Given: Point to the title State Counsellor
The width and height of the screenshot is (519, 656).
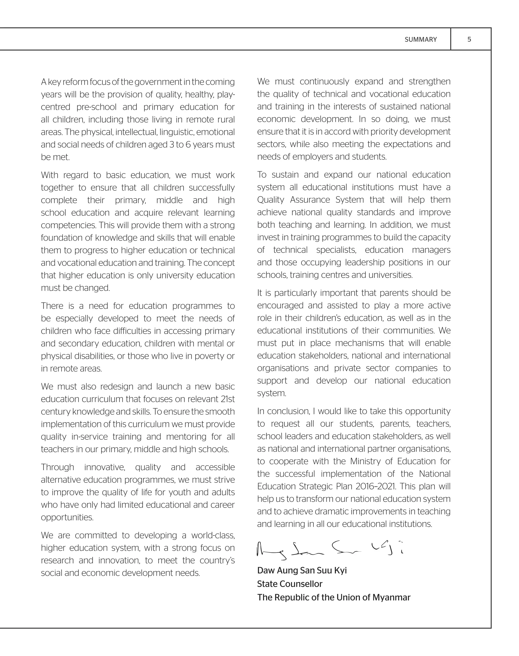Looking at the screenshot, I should pyautogui.click(x=290, y=584).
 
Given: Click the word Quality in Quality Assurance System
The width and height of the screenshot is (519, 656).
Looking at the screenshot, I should pyautogui.click(x=270, y=200).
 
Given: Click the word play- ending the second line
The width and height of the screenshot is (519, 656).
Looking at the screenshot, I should pyautogui.click(x=226, y=95).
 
